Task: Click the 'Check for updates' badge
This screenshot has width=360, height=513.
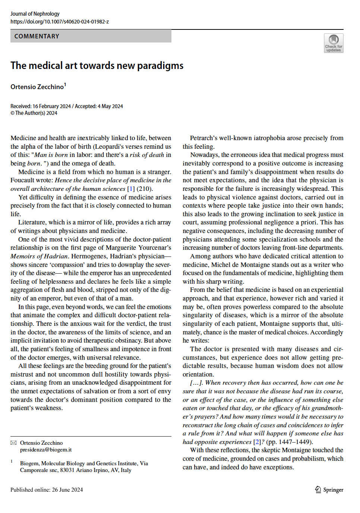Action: pos(334,43)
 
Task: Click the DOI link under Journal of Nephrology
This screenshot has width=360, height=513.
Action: pos(60,22)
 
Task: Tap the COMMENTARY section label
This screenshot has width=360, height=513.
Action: pos(37,36)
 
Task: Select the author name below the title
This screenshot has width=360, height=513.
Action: pos(37,87)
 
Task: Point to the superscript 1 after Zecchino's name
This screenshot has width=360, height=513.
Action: pos(65,85)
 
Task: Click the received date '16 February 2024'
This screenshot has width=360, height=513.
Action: pos(52,106)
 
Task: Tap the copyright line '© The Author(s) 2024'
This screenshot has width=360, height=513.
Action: pos(34,113)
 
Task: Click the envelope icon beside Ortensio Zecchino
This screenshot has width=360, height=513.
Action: pos(14,443)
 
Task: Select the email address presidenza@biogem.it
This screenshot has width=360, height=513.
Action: pos(46,450)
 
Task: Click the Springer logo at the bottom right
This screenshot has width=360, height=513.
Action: pos(329,490)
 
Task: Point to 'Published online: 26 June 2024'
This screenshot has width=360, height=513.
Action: pos(47,490)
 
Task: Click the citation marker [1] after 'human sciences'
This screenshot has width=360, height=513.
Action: pos(131,189)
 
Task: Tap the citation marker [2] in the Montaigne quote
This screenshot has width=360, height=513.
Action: pos(257,442)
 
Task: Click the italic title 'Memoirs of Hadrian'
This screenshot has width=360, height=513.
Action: pos(39,256)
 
